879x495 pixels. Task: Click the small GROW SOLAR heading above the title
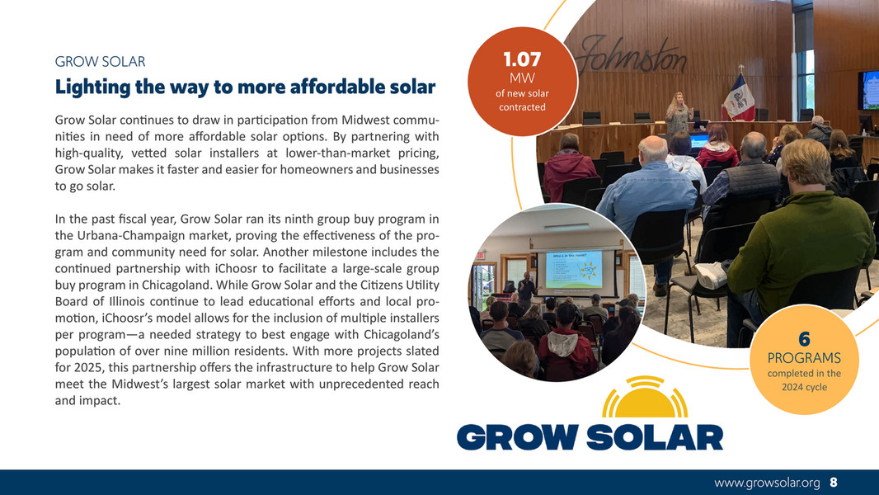(x=100, y=61)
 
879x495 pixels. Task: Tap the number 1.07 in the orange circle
(x=522, y=59)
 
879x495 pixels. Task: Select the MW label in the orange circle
(x=522, y=78)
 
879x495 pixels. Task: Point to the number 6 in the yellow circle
(x=804, y=340)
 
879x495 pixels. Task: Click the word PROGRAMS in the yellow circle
(x=804, y=358)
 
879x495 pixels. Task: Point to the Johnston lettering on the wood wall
(x=635, y=56)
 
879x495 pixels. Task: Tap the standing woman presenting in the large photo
(x=679, y=111)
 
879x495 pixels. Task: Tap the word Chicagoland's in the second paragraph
(x=401, y=334)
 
